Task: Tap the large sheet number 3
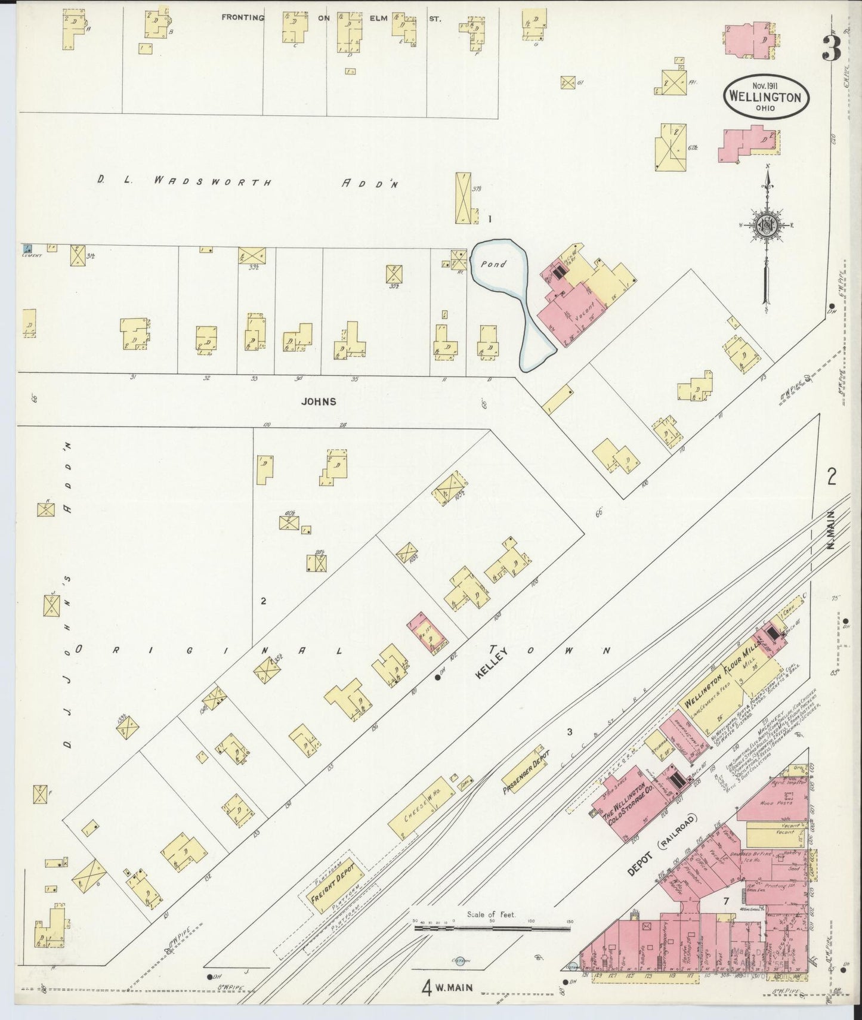[832, 48]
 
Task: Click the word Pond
[495, 264]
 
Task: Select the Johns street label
[319, 401]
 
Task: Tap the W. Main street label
[449, 987]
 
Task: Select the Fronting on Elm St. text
[331, 18]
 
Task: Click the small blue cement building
[27, 248]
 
